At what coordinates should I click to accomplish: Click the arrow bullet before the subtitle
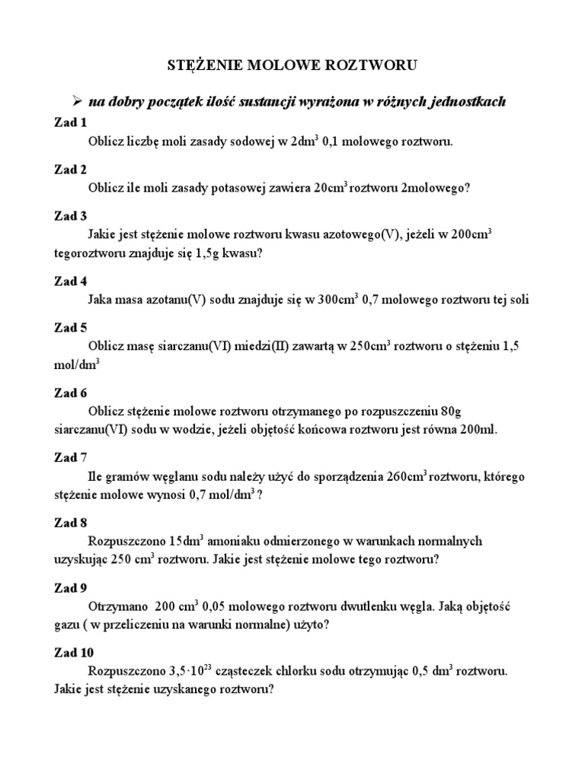[x=76, y=100]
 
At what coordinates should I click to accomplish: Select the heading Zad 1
[x=71, y=122]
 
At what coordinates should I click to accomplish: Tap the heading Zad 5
[x=71, y=328]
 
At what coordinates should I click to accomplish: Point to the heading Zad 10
[x=74, y=652]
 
